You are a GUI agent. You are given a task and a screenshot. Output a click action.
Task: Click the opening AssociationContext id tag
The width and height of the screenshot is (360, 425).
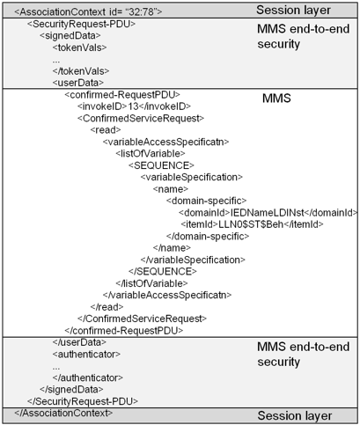coord(88,12)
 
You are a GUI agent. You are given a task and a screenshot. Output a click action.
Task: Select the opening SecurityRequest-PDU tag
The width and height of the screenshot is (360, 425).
coord(81,24)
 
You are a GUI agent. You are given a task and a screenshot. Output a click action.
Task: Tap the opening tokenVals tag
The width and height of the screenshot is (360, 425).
coord(79,48)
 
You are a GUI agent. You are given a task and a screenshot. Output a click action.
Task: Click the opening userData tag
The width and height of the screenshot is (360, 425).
coord(78,83)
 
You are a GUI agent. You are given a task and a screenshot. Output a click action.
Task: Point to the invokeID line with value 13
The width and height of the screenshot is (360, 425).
coord(134,106)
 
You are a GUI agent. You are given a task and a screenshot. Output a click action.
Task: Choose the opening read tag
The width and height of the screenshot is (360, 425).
coord(106,130)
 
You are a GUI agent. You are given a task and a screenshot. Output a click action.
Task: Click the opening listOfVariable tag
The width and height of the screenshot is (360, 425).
coord(151,153)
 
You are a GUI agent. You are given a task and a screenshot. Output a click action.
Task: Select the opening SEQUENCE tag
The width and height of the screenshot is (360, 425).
coord(161,165)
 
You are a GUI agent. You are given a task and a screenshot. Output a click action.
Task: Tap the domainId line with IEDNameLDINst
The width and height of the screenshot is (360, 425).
coord(268,212)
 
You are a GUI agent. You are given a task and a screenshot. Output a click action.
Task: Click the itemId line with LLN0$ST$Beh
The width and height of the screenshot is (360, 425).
coord(252,224)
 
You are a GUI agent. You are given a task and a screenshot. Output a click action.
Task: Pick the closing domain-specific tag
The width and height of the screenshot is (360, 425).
coord(208,236)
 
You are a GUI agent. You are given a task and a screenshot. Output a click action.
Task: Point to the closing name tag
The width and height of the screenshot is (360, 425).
coord(172,248)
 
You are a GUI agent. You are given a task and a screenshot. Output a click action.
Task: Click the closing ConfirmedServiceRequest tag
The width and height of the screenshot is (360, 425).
coord(142,319)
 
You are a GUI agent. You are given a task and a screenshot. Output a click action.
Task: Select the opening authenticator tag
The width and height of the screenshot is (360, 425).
coord(86,354)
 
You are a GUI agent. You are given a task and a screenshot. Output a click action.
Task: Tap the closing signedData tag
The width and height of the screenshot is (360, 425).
coord(71,389)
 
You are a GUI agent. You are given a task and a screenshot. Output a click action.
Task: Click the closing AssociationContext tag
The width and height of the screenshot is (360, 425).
coord(63,413)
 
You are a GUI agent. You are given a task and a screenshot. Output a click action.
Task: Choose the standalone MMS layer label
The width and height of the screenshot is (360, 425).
coord(276,99)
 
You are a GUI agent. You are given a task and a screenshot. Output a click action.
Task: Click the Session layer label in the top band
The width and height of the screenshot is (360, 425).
coord(293,11)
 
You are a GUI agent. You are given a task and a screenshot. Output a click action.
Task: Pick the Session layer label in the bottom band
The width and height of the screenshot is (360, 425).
coord(295,416)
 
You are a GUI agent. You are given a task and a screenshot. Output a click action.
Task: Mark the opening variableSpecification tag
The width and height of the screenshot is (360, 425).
coord(192,177)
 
